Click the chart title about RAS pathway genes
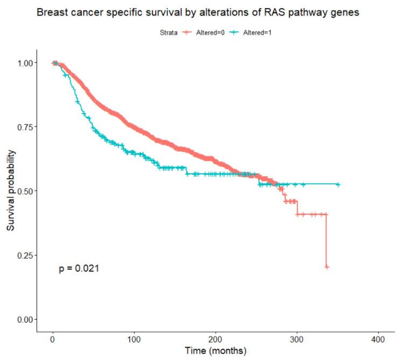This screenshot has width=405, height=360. [202, 12]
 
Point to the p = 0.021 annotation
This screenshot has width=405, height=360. [79, 268]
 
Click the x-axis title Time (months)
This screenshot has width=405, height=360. [215, 351]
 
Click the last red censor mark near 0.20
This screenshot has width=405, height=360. [326, 267]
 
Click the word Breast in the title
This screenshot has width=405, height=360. [51, 12]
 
